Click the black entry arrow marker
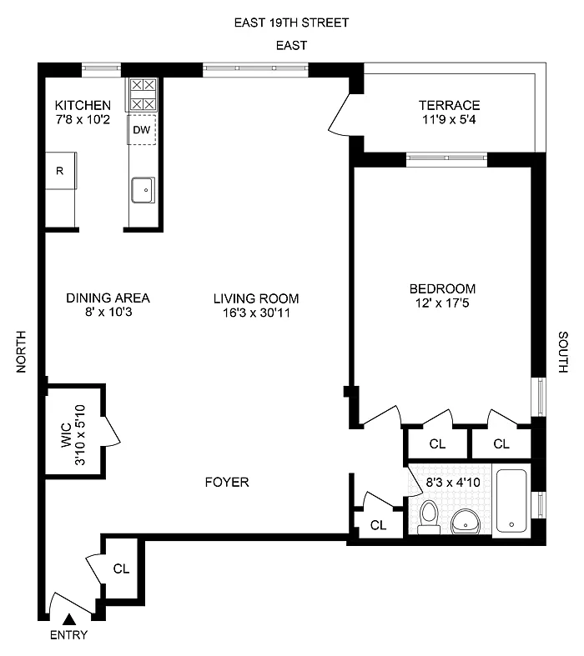click(69, 619)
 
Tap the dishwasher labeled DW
click(142, 130)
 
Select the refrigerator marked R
click(61, 171)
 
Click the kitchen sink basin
click(143, 190)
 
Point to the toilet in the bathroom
click(429, 517)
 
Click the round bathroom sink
click(466, 521)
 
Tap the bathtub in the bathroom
click(511, 500)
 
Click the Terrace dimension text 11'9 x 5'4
click(449, 120)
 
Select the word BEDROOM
click(442, 288)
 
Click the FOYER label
click(227, 483)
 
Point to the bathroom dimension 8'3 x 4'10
click(453, 483)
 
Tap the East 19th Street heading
click(291, 23)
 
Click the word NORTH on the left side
click(21, 352)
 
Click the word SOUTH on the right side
click(563, 352)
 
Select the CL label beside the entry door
click(122, 568)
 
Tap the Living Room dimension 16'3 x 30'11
click(256, 313)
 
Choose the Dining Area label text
click(108, 298)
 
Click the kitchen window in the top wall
click(101, 70)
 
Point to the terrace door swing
click(339, 114)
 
